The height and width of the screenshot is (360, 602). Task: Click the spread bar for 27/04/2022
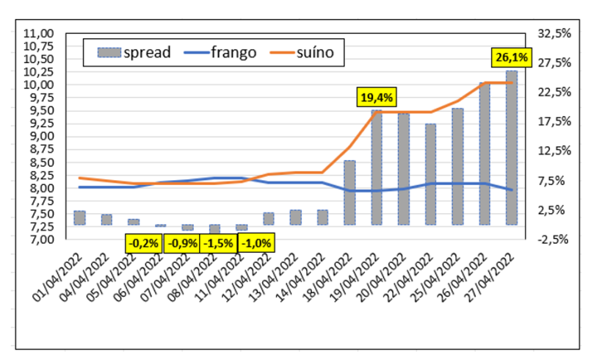[511, 147]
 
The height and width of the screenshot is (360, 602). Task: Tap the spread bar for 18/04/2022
[349, 192]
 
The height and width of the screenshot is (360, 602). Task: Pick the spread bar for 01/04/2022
[79, 217]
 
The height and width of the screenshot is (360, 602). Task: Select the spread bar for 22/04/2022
[430, 173]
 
